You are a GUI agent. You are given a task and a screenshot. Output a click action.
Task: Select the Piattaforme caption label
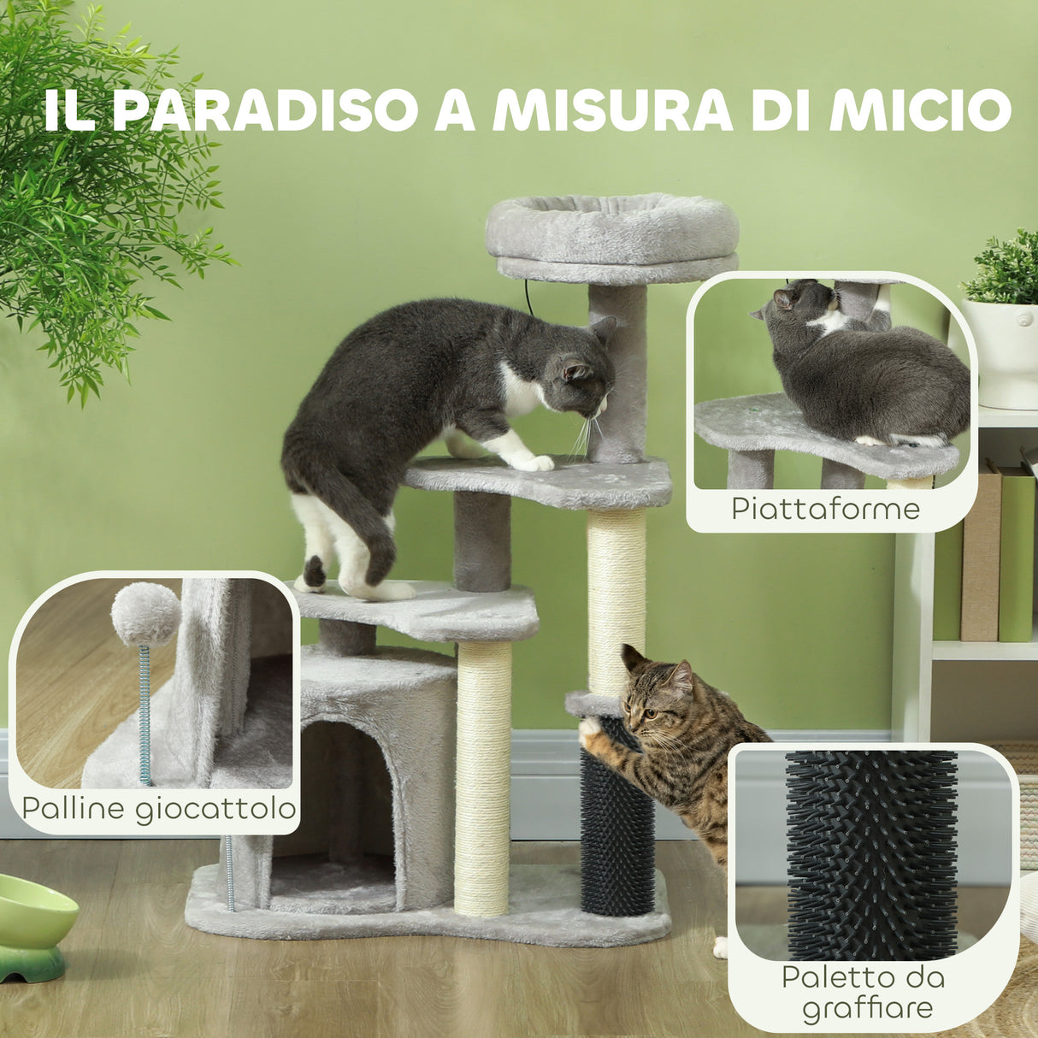(825, 509)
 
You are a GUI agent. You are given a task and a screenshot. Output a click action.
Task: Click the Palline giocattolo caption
(159, 808)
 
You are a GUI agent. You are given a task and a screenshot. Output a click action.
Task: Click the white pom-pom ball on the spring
(145, 613)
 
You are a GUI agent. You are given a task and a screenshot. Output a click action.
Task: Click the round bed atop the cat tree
(611, 229)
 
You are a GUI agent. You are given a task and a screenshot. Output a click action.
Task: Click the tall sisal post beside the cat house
(483, 778)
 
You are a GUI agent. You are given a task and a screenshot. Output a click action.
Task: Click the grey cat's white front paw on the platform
(534, 463)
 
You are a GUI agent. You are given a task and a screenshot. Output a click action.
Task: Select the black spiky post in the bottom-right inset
(870, 855)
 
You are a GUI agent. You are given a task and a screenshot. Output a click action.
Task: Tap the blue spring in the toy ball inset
(145, 714)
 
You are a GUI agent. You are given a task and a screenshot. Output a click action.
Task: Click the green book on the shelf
(1017, 556)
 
